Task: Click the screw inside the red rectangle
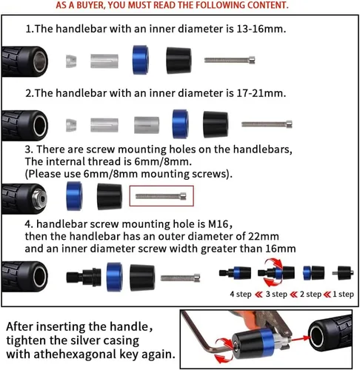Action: pos(161,196)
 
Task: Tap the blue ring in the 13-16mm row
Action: pos(141,60)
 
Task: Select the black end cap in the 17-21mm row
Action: pos(216,124)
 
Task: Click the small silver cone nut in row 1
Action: pos(71,61)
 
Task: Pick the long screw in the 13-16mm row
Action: pos(230,60)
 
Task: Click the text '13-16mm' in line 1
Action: pos(261,29)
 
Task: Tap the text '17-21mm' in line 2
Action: pos(261,93)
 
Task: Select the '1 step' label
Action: pos(343,294)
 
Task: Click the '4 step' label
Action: pos(241,294)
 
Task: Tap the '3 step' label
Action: pos(276,294)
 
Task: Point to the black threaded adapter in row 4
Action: pos(84,277)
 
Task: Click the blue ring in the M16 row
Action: pos(114,277)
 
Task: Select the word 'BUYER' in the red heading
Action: pos(90,5)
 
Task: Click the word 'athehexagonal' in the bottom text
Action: pos(76,354)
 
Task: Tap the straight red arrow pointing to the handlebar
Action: pos(300,338)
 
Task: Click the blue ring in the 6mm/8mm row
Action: pos(74,196)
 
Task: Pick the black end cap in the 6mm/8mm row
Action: pos(110,196)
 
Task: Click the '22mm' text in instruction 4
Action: pos(264,236)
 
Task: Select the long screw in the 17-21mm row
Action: pos(267,124)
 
